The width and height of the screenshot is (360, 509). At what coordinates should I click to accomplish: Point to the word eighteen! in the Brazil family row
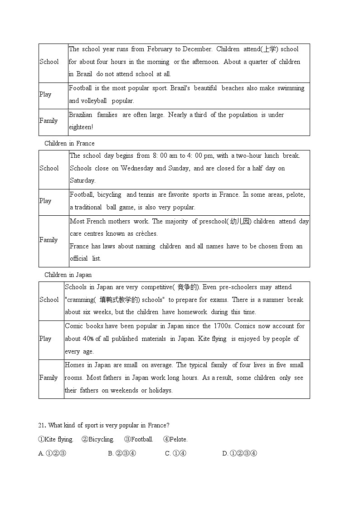coord(81,127)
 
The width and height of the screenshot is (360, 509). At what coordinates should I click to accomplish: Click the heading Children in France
coord(69,143)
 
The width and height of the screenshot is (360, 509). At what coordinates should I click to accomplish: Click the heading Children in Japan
coord(68,275)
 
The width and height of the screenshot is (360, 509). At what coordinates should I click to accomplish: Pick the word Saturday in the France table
coord(83,180)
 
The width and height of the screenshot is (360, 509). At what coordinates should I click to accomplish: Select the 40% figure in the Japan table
coord(88,339)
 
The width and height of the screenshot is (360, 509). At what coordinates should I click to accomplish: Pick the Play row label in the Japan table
coord(45,339)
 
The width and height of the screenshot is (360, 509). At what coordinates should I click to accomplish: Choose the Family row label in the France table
coord(49,240)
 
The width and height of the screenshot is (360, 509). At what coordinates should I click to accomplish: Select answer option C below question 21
coord(168,453)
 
